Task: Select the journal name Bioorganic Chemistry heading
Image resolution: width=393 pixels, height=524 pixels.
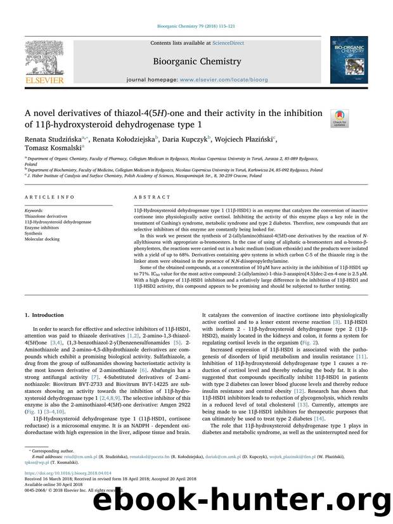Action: pyautogui.click(x=196, y=62)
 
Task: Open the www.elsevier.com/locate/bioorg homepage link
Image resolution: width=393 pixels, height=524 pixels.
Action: pyautogui.click(x=217, y=82)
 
